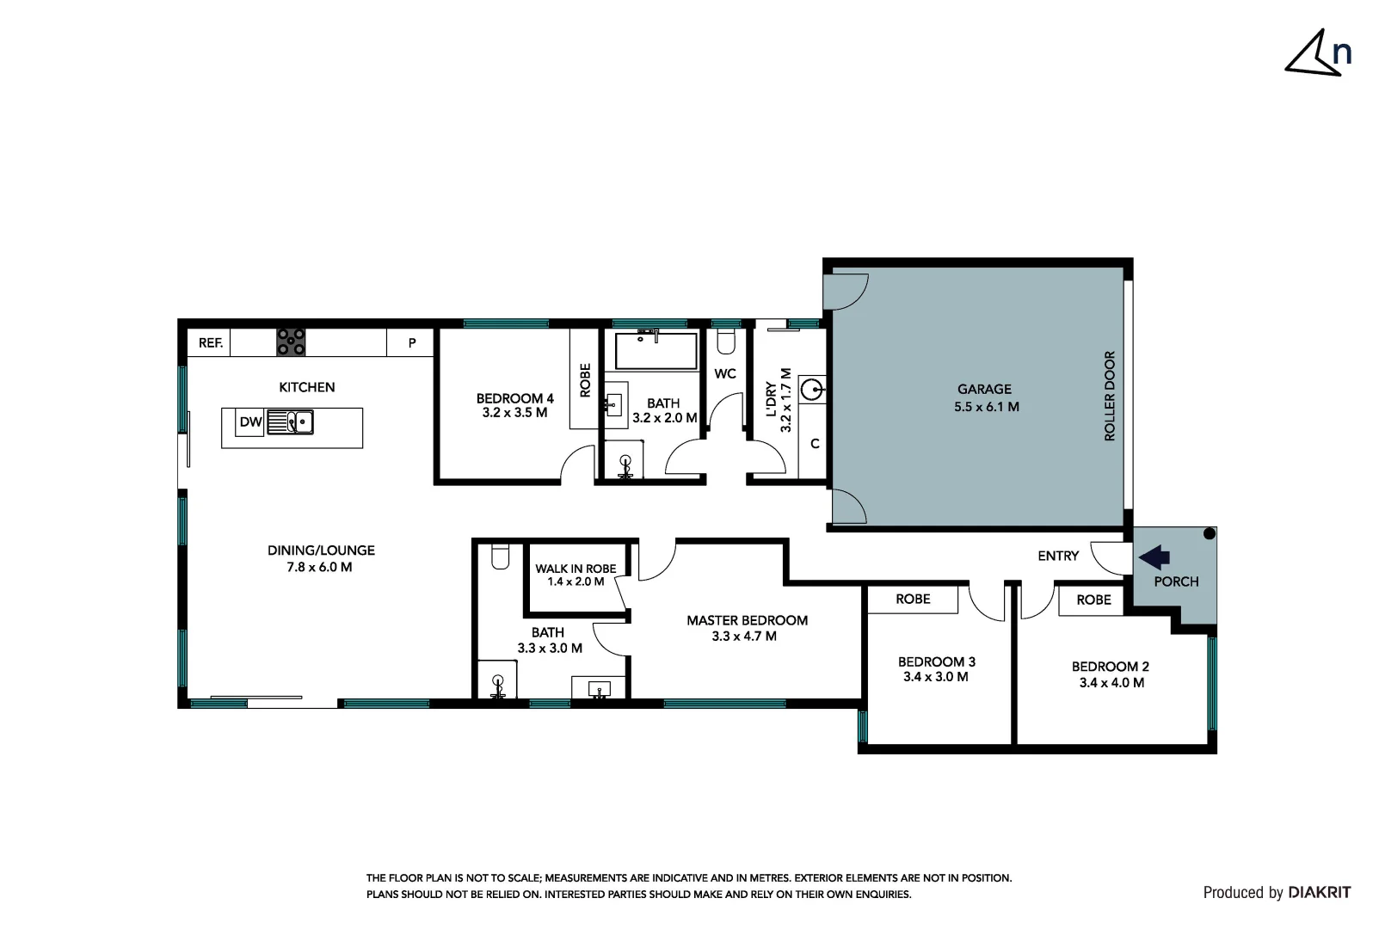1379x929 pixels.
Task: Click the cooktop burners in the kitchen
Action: [x=291, y=341]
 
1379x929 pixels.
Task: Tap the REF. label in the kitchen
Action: [x=211, y=342]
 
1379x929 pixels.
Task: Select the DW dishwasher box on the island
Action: [x=250, y=422]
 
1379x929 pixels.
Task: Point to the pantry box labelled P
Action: [x=412, y=342]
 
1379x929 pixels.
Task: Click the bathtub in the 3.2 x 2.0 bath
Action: [x=656, y=351]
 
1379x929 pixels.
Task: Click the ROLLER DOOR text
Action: [x=1109, y=396]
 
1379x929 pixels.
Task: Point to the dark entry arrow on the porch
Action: [x=1154, y=557]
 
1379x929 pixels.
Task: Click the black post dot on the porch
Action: [x=1209, y=534]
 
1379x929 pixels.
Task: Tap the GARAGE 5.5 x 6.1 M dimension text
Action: [x=986, y=407]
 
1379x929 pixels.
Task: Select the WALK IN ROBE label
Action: [x=576, y=569]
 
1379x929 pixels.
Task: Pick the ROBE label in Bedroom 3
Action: [x=913, y=599]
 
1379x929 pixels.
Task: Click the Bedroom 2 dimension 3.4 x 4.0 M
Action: [x=1111, y=683]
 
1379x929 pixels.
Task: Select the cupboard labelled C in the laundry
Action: [x=814, y=444]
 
